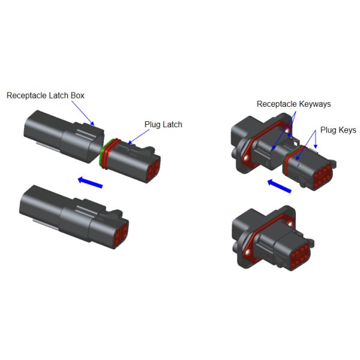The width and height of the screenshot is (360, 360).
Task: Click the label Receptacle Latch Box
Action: point(46,95)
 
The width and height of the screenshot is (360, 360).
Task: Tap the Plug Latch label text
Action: point(163,124)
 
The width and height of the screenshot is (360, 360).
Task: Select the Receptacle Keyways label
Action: point(293,104)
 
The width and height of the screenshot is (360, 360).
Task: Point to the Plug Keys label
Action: point(338,130)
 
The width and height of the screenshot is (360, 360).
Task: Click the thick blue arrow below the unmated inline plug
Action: point(90,182)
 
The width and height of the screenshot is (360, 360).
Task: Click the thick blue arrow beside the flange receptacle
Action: point(280,186)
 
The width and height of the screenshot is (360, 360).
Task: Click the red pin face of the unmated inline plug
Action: point(153,169)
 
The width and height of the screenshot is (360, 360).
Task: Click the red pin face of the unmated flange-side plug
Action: point(323,176)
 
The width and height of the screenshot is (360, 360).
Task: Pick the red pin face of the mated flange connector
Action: point(301,256)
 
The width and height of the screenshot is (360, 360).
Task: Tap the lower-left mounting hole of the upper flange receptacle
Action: point(246,158)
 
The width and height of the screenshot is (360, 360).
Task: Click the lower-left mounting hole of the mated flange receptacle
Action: point(247,253)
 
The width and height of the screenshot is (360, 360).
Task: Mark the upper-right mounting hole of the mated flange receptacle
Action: point(290,223)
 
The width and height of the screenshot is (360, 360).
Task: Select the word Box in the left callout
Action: point(77,95)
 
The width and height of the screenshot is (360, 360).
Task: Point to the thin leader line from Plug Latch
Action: point(139,137)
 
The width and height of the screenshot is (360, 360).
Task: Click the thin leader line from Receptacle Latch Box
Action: point(83,113)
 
